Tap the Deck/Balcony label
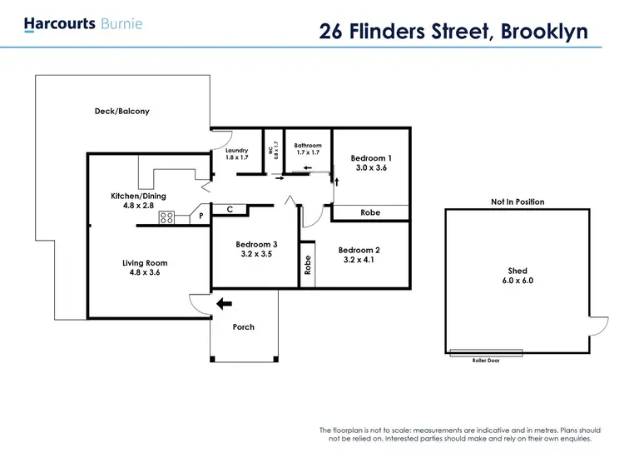tap(121, 111)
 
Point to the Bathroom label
tap(307, 146)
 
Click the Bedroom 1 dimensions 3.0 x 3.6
tap(370, 168)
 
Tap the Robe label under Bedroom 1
tap(370, 213)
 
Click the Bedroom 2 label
tap(359, 250)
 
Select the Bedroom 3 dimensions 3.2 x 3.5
tap(255, 254)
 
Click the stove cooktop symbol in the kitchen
tap(166, 218)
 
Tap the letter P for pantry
tap(201, 217)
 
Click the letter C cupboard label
tap(230, 210)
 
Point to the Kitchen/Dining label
tap(138, 196)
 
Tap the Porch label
tap(243, 326)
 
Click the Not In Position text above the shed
tap(518, 202)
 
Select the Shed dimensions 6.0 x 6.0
tap(518, 281)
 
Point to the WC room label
tap(270, 152)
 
